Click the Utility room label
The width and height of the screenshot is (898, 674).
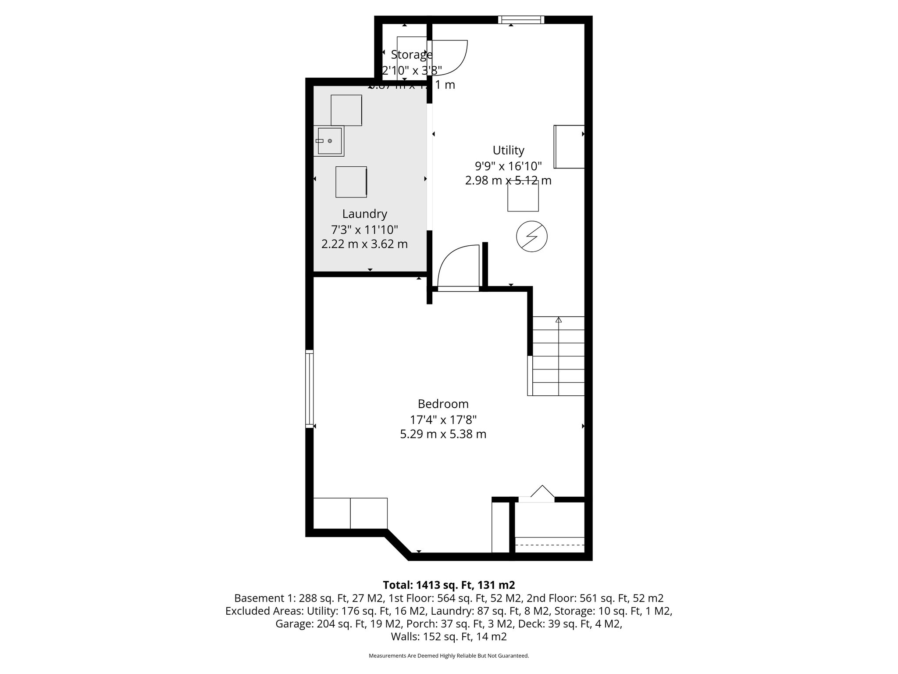pos(508,151)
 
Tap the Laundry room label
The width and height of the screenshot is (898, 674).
pos(364,214)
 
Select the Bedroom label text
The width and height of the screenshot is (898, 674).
pos(443,404)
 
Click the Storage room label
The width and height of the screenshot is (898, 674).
pos(411,55)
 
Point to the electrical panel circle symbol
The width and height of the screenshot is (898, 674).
pos(531,236)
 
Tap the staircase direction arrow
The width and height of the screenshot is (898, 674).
pos(558,320)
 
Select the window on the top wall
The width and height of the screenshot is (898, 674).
pos(521,19)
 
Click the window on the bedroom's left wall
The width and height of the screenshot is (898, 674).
pos(310,388)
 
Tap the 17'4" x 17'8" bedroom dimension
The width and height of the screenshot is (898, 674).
pos(443,420)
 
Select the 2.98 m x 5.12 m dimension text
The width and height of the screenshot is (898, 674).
pos(508,180)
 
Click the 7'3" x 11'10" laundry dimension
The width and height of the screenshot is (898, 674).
pos(364,229)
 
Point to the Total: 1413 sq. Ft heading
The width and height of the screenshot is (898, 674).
pos(449,585)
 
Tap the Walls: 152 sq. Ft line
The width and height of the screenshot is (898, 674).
pos(449,636)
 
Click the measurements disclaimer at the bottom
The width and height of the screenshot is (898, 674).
pos(449,656)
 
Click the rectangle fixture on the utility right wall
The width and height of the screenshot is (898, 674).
pos(569,147)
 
